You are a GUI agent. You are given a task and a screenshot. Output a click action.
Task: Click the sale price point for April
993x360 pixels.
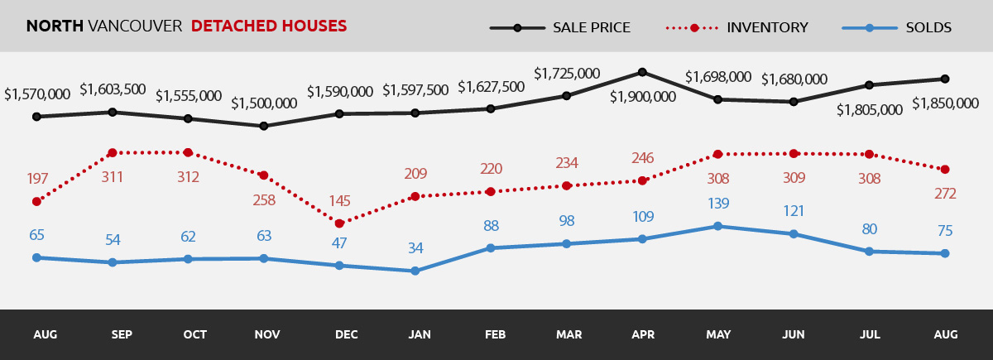pos(642,72)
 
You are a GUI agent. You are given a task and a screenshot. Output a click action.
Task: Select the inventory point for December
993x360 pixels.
pos(339,223)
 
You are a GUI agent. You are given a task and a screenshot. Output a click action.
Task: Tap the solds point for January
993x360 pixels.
pos(415,271)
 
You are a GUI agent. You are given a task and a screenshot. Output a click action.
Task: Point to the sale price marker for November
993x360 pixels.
pos(263,126)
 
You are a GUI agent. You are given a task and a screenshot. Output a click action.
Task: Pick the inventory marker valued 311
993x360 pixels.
pos(112,153)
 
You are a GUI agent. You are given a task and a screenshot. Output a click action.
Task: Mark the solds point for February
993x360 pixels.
pos(491,247)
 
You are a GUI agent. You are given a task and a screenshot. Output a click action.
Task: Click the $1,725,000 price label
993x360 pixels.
pos(566,74)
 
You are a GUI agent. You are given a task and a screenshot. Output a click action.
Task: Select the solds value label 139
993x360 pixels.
pos(717,204)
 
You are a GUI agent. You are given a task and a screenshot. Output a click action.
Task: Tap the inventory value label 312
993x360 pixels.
pos(188,176)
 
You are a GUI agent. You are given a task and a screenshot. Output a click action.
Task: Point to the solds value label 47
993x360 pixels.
pos(339,243)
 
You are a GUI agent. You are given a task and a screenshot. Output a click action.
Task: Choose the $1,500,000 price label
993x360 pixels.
pos(263,103)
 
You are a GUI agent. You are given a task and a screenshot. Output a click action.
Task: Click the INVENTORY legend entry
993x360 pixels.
pos(767,27)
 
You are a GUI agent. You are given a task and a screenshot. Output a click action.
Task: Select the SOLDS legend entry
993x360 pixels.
pos(928,27)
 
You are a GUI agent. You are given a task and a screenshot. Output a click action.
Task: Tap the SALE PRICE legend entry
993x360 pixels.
pos(591,27)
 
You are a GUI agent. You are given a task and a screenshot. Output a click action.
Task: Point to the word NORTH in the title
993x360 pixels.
pos(55,26)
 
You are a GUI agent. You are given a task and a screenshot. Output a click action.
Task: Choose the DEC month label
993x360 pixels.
pos(346,335)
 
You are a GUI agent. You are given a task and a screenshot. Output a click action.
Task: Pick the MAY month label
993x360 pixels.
pos(717,335)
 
